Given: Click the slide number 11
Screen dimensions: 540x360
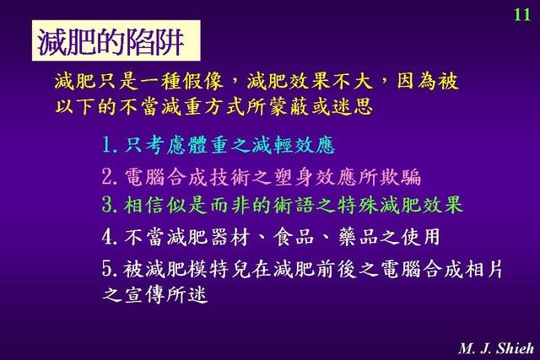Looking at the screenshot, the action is [x=522, y=14].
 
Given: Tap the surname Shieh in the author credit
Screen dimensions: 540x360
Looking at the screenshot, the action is [x=515, y=348].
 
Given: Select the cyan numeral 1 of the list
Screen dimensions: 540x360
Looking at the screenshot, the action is [x=107, y=145].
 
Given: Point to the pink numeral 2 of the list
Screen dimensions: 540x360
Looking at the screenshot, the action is [x=107, y=177].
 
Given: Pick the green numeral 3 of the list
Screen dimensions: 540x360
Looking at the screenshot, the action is [x=107, y=204].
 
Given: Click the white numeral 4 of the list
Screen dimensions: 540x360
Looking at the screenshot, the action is [x=107, y=237].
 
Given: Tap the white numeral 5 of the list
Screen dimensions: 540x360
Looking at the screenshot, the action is [x=107, y=268].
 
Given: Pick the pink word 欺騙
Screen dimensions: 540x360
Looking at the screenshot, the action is [x=400, y=177].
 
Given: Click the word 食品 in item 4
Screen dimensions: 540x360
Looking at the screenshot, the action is [x=294, y=237].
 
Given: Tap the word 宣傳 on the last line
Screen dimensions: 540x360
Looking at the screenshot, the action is [x=143, y=294].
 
